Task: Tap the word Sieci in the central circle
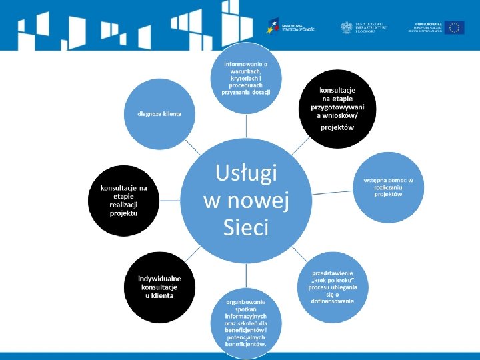click(x=246, y=228)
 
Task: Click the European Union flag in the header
click(x=455, y=27)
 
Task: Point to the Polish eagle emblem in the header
click(x=347, y=27)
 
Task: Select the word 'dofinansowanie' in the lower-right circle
click(x=332, y=301)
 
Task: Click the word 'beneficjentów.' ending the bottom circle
click(x=246, y=345)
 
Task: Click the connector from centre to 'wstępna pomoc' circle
click(x=333, y=191)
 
